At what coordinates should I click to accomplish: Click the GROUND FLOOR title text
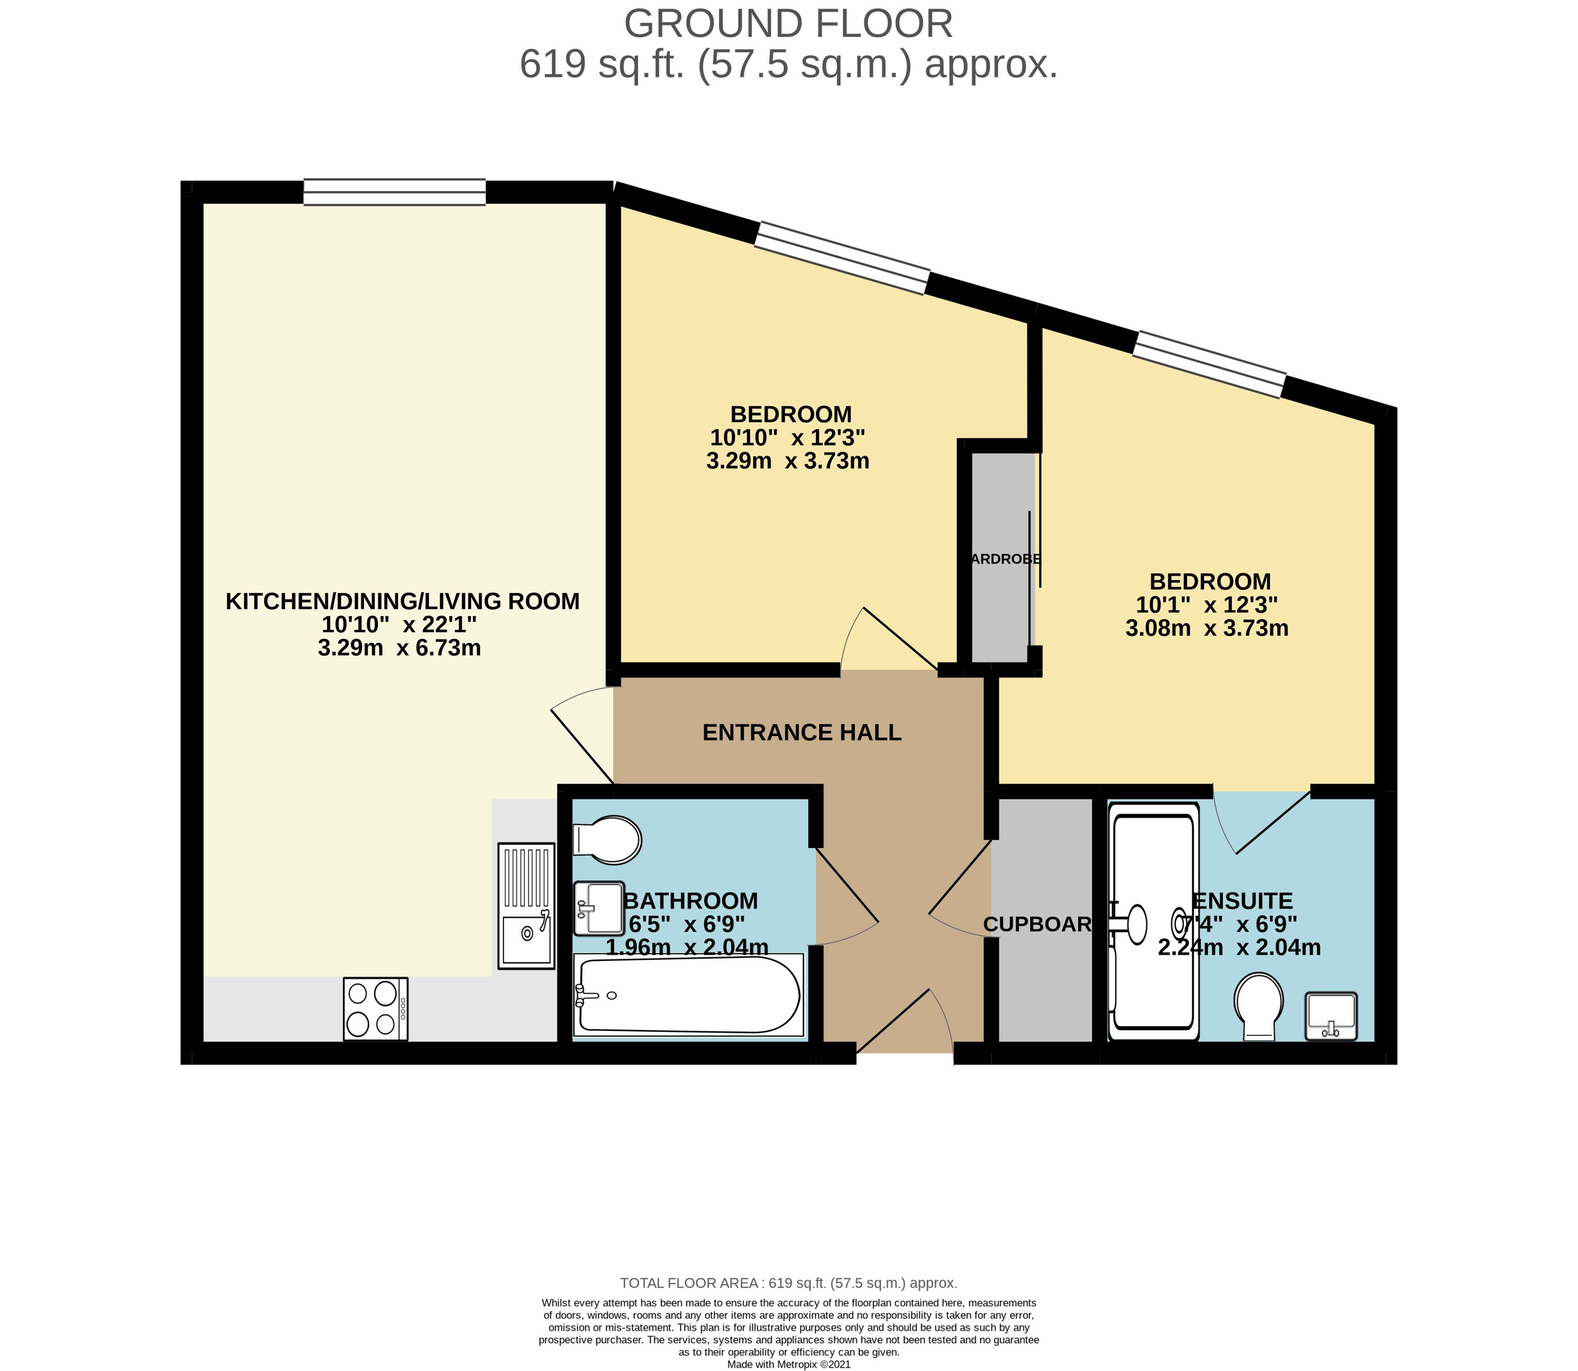[x=789, y=24]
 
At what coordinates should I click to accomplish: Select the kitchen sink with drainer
[x=526, y=906]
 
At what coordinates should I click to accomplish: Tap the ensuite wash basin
[x=1331, y=1017]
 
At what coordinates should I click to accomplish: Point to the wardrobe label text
[x=1003, y=559]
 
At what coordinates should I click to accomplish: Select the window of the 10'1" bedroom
[x=1209, y=364]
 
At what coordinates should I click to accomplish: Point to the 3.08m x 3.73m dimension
[x=1207, y=629]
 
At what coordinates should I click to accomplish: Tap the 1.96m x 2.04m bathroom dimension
[x=687, y=947]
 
